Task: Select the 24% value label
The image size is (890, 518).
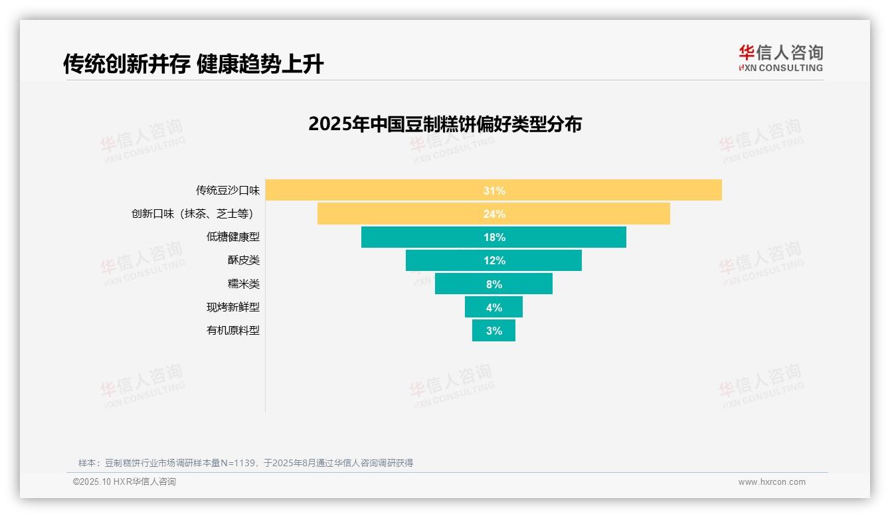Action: pos(494,214)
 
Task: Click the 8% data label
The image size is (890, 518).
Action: pos(494,284)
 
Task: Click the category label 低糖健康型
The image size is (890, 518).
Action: pos(232,237)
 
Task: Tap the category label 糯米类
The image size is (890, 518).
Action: pos(243,284)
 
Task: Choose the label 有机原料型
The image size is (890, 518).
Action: pos(232,331)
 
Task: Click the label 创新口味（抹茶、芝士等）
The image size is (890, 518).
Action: pos(193,214)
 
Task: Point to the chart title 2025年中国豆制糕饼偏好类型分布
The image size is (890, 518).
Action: pos(445,124)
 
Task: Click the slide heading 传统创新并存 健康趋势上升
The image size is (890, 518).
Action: pos(193,64)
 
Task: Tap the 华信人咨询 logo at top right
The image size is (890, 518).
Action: pos(780,58)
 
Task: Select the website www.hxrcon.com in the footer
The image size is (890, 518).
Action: pos(772,482)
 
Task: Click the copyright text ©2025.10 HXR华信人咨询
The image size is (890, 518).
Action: pos(124,482)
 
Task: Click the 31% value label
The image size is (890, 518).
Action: pos(494,191)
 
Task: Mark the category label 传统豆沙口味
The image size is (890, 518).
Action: pos(227,191)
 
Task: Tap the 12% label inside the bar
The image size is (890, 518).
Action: pos(494,260)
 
